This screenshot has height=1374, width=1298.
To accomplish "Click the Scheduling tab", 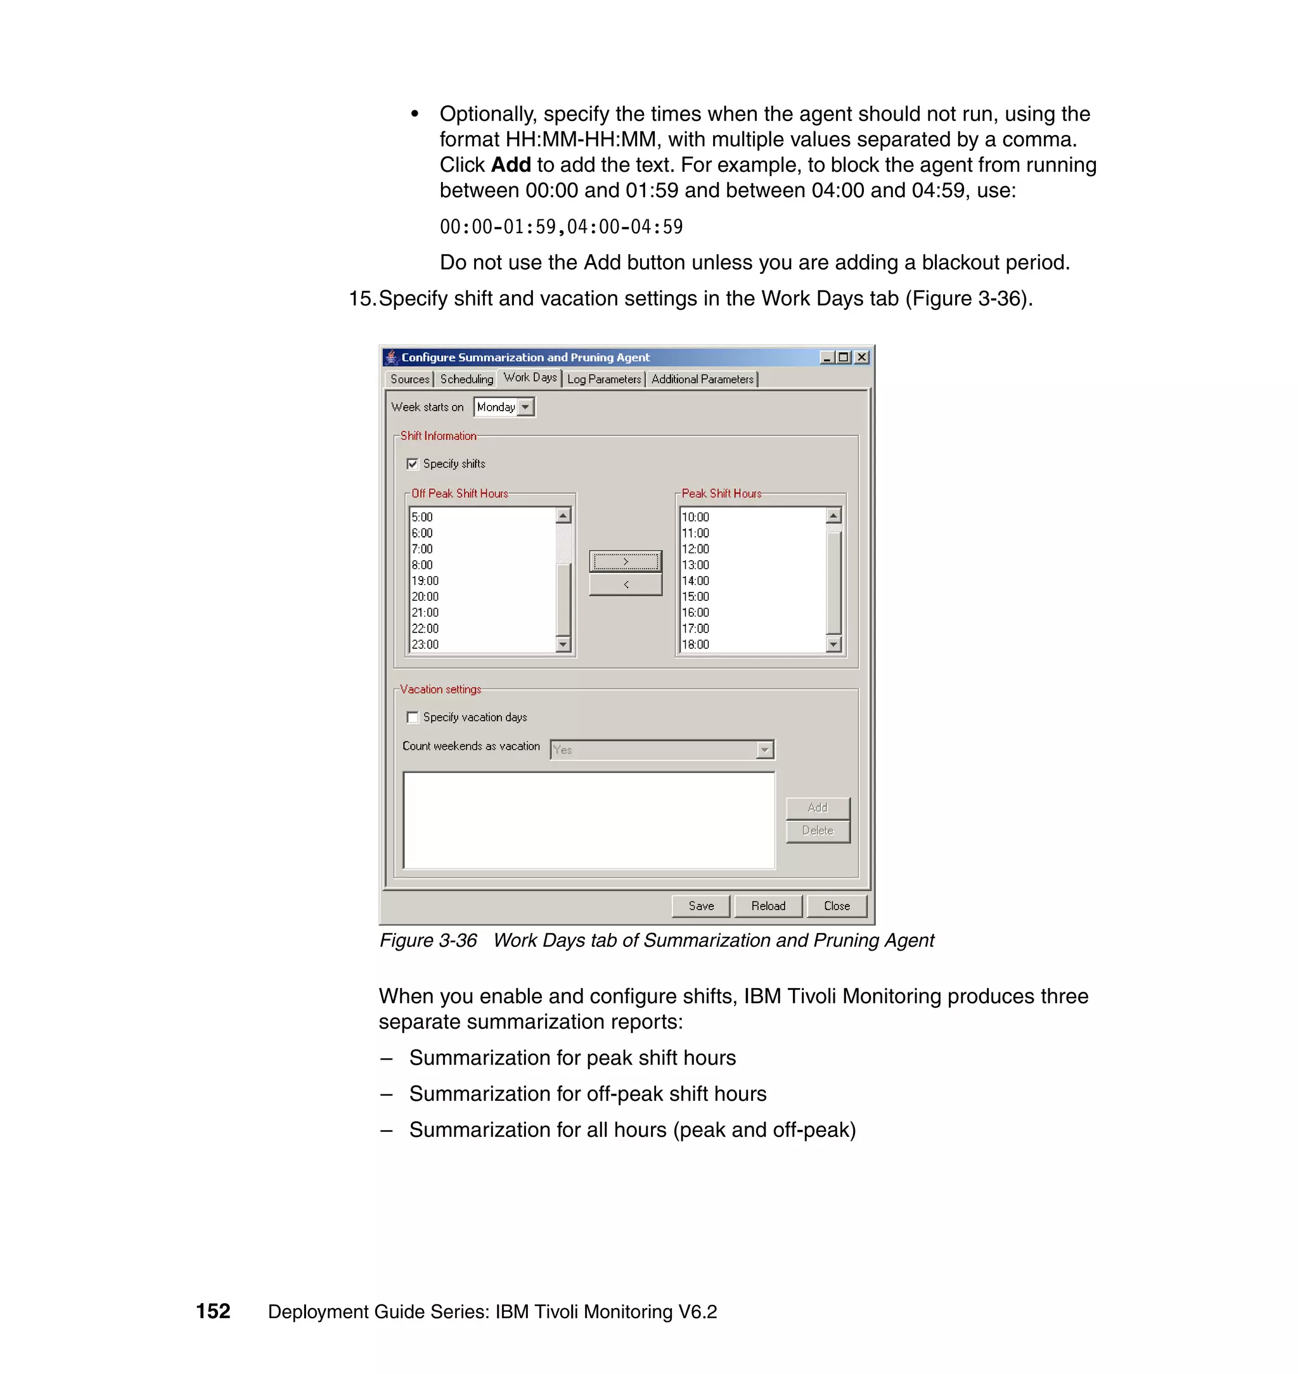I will [466, 379].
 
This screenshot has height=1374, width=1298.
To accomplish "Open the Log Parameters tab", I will [603, 379].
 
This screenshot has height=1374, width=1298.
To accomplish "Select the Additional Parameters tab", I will [702, 379].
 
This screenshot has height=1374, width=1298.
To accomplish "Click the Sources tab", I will [409, 379].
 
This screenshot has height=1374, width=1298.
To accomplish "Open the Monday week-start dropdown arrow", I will [526, 407].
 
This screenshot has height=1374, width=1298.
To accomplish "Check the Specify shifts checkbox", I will [413, 463].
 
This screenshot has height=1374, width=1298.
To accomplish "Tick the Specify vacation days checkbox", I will [413, 717].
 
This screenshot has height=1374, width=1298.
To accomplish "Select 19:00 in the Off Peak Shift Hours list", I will [425, 581].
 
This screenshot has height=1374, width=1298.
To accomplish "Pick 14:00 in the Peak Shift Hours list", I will [695, 581].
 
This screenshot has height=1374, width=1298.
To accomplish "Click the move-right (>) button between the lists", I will [626, 561].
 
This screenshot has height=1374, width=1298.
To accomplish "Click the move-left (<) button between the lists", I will [626, 584].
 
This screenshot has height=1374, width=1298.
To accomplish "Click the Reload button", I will [768, 906].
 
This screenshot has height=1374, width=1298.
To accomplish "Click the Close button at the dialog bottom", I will [837, 906].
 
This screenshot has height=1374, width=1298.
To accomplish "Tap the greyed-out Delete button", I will [817, 830].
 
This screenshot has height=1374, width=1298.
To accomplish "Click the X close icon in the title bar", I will [861, 357].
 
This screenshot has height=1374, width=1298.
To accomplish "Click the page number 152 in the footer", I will [213, 1312].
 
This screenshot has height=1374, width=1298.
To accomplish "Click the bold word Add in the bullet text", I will [511, 165].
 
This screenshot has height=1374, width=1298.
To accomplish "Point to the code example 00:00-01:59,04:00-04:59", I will [561, 227].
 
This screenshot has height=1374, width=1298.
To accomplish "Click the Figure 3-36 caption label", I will [428, 941].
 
